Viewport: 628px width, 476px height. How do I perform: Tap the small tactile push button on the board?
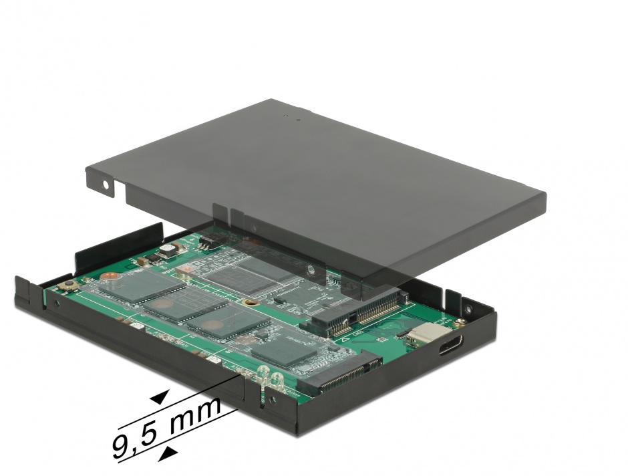pyautogui.click(x=69, y=286)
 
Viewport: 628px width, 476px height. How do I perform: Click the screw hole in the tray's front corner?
pyautogui.click(x=271, y=401)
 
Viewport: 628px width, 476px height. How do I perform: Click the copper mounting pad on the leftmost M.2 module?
pyautogui.click(x=110, y=275)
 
